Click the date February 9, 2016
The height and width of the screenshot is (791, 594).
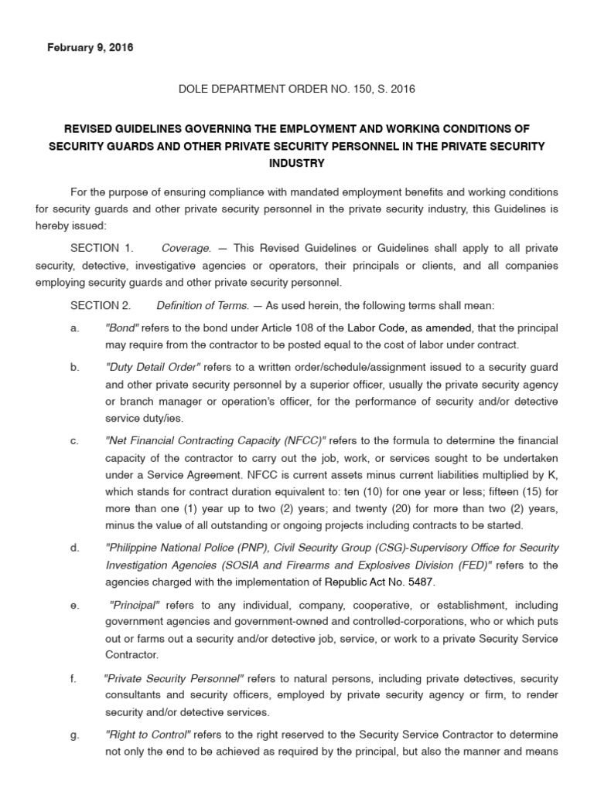[90, 48]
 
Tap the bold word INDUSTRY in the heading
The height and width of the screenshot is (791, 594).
[296, 163]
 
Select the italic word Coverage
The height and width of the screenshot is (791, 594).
[186, 248]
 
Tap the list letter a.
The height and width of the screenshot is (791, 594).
[74, 328]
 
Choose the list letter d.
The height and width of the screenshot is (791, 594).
[74, 548]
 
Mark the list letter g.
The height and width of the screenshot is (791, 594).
[74, 735]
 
